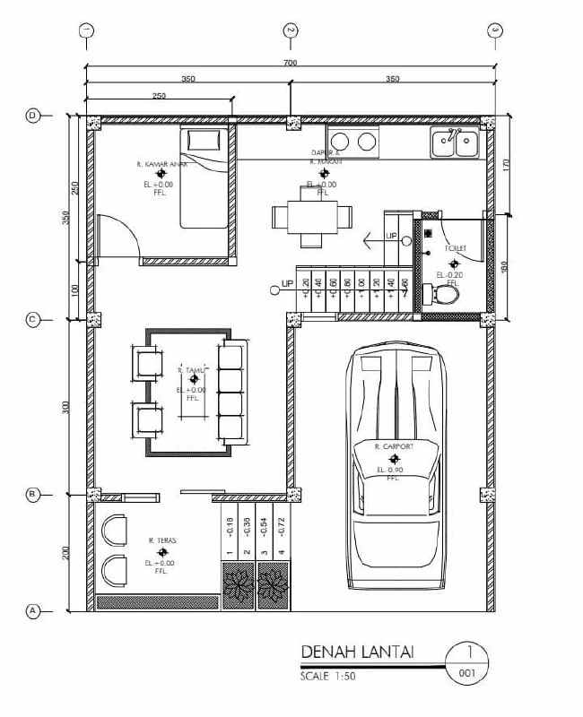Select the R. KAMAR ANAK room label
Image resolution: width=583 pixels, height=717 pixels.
point(161,164)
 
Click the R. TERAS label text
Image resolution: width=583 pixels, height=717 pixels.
point(161,540)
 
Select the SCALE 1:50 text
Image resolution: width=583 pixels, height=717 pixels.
point(328,677)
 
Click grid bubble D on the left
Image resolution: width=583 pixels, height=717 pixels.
point(34,116)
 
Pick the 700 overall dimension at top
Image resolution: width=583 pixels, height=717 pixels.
point(289,63)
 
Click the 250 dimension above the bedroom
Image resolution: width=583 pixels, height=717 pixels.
point(159,95)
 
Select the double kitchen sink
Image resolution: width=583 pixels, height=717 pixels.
point(455,142)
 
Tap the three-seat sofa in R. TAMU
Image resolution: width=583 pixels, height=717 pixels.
point(232,392)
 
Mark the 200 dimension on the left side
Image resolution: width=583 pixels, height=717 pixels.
point(65,553)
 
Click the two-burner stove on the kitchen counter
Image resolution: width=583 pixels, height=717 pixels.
point(353,141)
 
